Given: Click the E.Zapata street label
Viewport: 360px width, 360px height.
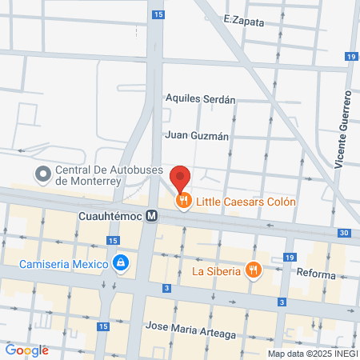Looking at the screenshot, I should coord(244,22).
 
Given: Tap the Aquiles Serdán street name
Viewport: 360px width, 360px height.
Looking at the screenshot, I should coord(200,100).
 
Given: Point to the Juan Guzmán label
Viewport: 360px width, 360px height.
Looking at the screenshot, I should coord(197,136).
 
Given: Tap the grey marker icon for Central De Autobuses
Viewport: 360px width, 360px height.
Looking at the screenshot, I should coord(42,173).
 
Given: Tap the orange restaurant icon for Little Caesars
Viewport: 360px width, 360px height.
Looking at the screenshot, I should coord(184,202).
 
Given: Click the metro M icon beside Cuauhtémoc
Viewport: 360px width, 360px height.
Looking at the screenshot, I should coord(150,216).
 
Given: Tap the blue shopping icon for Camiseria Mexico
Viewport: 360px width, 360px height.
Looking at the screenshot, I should coord(121,262).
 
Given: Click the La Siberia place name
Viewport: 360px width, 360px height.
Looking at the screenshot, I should coord(216,270).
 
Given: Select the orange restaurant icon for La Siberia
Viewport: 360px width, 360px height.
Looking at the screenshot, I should coord(254,270).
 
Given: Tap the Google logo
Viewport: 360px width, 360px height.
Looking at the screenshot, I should coord(26,350).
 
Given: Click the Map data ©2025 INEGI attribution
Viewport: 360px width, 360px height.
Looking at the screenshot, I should coord(312,354).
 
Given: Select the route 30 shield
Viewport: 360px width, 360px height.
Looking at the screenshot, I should coord(344,233).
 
